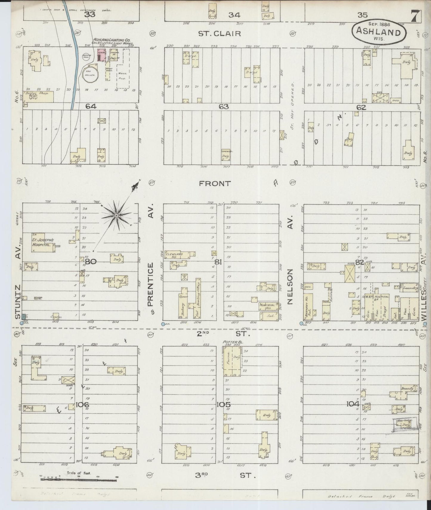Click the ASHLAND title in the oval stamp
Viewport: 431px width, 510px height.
(379, 32)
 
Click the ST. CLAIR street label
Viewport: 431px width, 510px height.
(220, 33)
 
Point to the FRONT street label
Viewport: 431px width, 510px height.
(215, 183)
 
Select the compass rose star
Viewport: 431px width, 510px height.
(116, 215)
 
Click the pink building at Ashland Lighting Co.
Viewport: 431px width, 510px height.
(101, 56)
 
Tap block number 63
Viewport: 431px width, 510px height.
(224, 106)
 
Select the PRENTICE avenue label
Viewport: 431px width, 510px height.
(151, 285)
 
